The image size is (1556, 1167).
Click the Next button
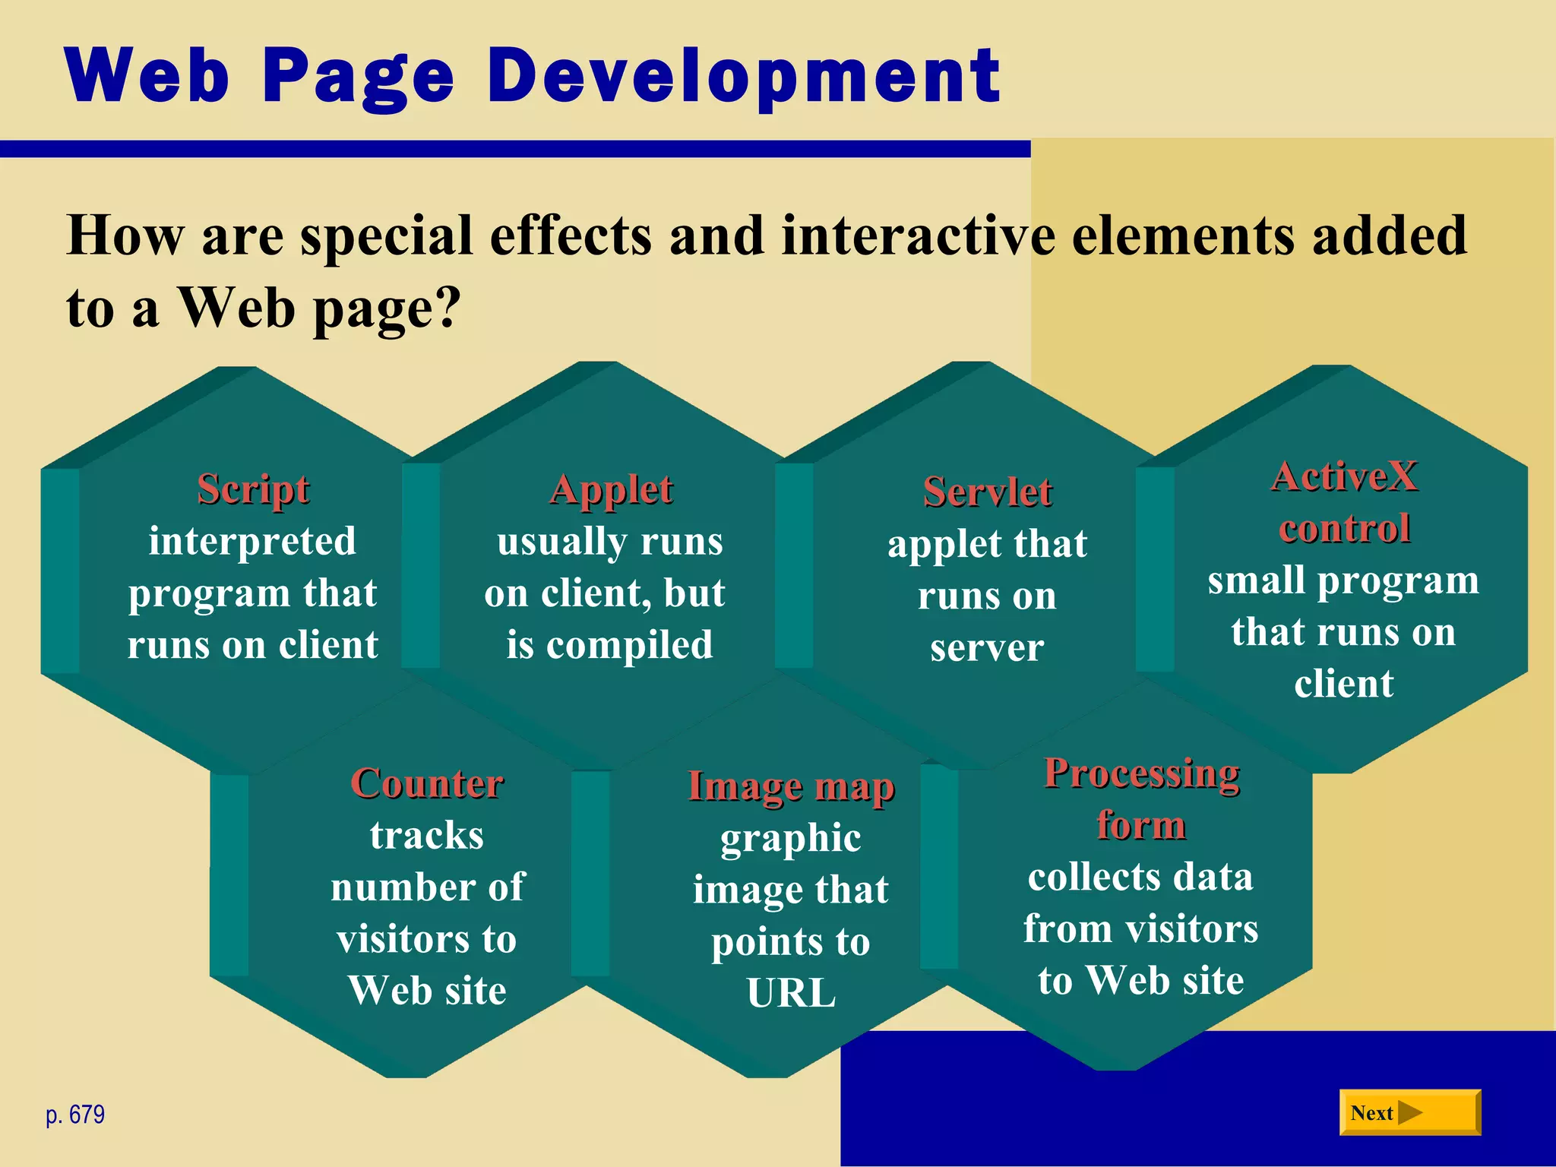1409,1112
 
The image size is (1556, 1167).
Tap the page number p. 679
75,1115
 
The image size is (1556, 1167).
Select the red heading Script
253,489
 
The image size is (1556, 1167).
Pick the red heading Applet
611,490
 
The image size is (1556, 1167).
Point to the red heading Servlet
987,492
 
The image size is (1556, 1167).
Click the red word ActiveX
1344,477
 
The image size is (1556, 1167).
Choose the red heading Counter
427,783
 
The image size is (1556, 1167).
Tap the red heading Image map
791,786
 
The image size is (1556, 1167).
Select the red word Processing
1141,774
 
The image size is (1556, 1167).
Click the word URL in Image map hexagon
791,992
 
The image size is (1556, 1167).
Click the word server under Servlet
987,647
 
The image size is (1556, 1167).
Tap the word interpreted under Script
252,541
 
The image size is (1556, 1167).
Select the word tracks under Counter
427,835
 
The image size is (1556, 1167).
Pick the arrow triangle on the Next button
1409,1112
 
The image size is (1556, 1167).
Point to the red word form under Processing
1141,825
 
